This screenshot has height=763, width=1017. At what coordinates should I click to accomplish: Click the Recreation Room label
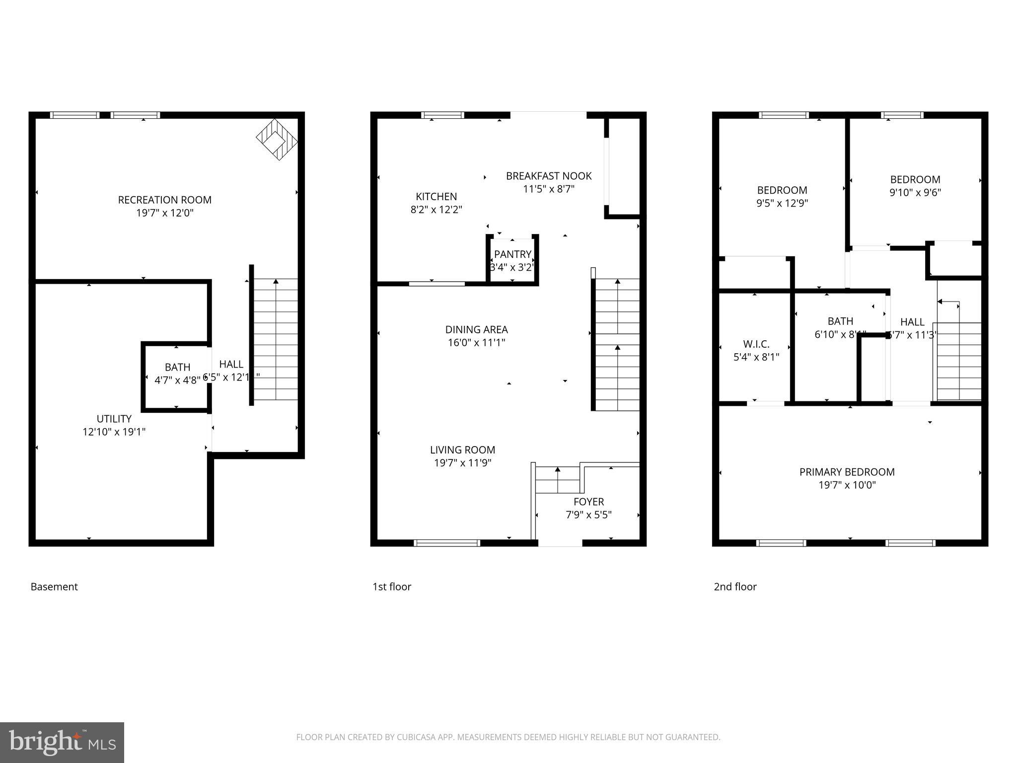(x=164, y=200)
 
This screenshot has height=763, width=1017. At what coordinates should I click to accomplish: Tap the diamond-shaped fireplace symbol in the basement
(x=277, y=139)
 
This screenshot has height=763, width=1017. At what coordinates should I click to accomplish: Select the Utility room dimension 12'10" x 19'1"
(x=114, y=432)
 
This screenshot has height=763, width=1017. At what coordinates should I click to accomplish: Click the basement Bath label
(x=177, y=367)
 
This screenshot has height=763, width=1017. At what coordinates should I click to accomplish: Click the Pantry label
(x=512, y=254)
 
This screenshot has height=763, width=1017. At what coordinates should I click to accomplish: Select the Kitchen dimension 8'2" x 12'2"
(x=436, y=210)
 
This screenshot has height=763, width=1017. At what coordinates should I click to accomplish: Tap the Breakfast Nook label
(x=548, y=176)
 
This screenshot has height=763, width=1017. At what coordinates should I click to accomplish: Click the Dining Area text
(x=476, y=329)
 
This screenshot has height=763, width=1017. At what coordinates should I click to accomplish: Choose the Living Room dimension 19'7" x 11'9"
(x=462, y=463)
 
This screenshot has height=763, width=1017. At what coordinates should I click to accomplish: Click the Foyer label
(x=588, y=502)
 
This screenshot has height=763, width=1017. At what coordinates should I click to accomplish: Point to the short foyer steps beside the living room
(x=558, y=479)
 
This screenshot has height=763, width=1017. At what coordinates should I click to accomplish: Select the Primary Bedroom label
(x=847, y=472)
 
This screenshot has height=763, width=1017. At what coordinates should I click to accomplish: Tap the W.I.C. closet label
(x=756, y=344)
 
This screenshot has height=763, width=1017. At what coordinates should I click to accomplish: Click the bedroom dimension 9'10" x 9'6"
(x=915, y=192)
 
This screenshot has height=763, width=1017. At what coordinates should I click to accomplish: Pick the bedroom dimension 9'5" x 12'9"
(x=782, y=203)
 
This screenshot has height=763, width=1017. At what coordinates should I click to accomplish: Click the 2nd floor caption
(x=735, y=587)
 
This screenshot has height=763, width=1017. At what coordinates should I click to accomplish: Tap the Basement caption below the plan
(x=54, y=587)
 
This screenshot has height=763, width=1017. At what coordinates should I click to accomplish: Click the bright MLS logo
(x=62, y=742)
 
